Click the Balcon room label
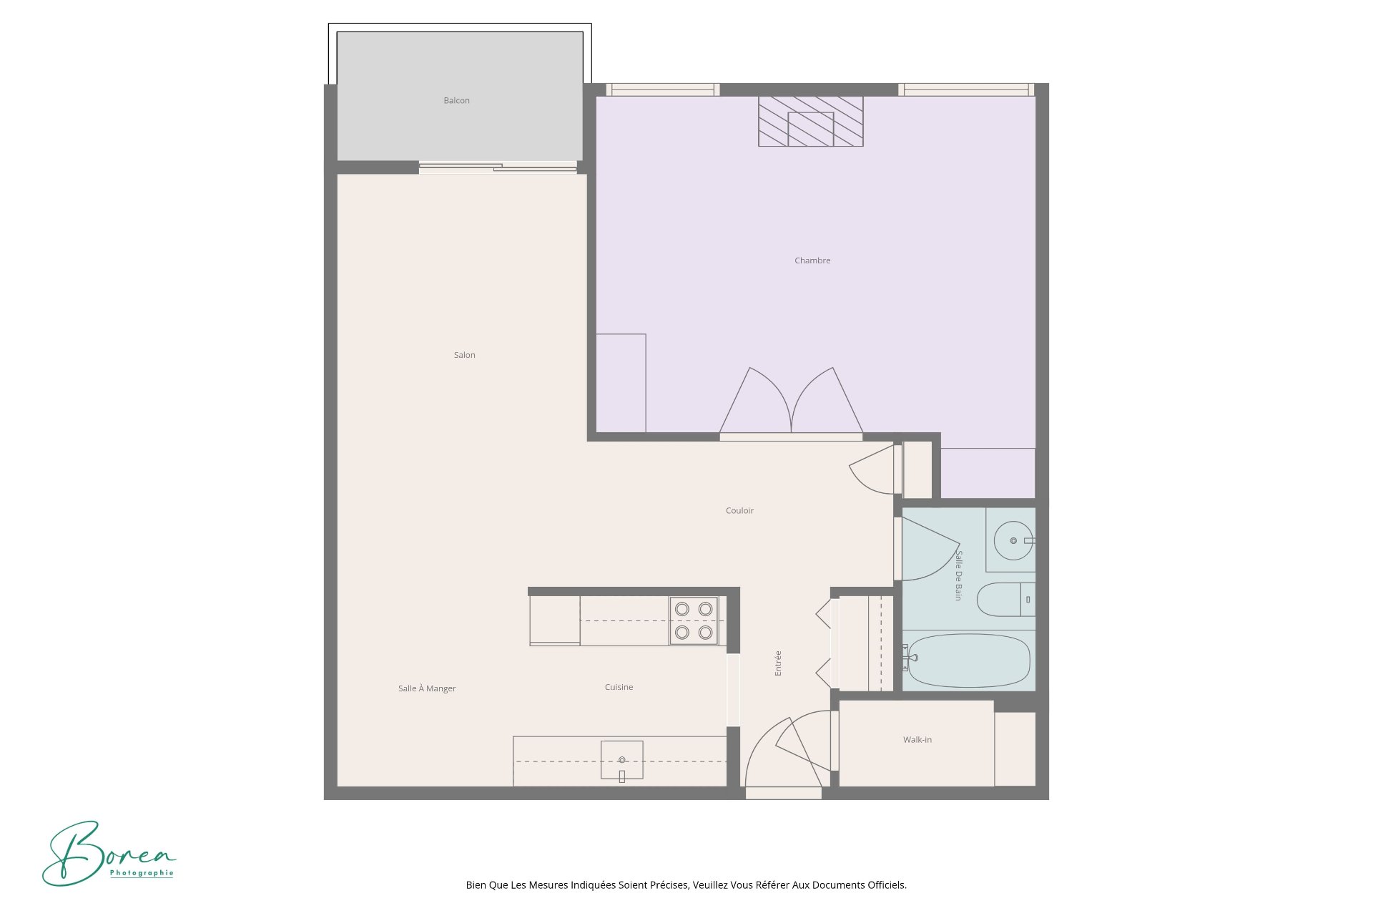click(x=456, y=101)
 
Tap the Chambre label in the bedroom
click(x=812, y=260)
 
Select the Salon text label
click(x=464, y=355)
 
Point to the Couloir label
click(x=739, y=511)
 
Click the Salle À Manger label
click(x=427, y=688)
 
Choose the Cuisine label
click(x=619, y=687)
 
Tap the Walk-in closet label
click(x=917, y=740)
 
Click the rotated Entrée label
click(x=778, y=663)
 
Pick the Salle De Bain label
click(x=958, y=575)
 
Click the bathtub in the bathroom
click(x=967, y=661)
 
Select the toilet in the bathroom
click(x=1005, y=600)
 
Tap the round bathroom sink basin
click(x=1013, y=540)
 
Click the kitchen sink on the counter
click(x=621, y=760)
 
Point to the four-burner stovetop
click(x=694, y=620)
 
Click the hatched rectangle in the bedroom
click(x=811, y=122)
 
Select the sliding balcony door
click(x=498, y=167)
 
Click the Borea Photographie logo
click(x=109, y=853)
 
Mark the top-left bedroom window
click(x=663, y=89)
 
